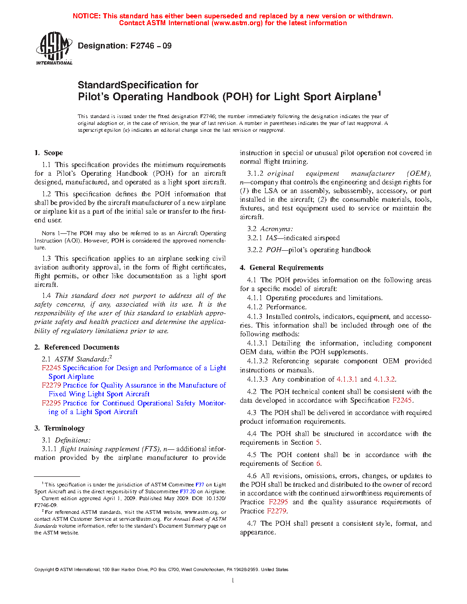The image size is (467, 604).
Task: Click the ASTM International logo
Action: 54,48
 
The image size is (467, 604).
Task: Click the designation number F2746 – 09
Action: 151,46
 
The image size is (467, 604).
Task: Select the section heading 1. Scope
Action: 49,153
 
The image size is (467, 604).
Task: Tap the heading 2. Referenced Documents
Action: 77,347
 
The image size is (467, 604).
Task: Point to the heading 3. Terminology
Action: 60,428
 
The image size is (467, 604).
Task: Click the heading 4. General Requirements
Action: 282,268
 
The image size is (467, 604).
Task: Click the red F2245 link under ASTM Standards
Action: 51,368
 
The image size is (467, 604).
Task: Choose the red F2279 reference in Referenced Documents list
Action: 51,385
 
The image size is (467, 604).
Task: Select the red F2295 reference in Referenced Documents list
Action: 51,403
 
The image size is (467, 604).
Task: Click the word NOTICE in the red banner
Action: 87,16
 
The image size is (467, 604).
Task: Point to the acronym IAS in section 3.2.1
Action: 272,238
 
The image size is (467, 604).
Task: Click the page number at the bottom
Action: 233,581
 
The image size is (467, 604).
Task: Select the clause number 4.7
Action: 251,523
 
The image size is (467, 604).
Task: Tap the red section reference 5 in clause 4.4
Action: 318,442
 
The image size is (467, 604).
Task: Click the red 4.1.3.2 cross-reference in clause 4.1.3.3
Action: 384,379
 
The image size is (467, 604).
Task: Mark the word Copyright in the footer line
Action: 44,570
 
